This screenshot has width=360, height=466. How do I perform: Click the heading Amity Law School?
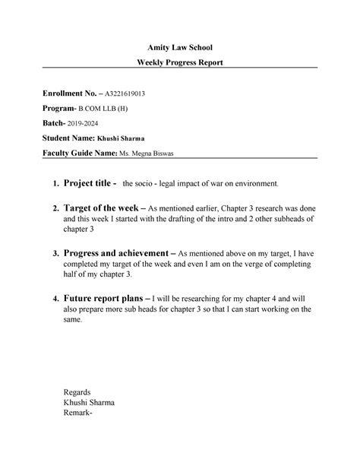[179, 48]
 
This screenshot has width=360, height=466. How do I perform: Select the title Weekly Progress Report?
[179, 62]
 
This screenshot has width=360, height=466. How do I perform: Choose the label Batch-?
[55, 123]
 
